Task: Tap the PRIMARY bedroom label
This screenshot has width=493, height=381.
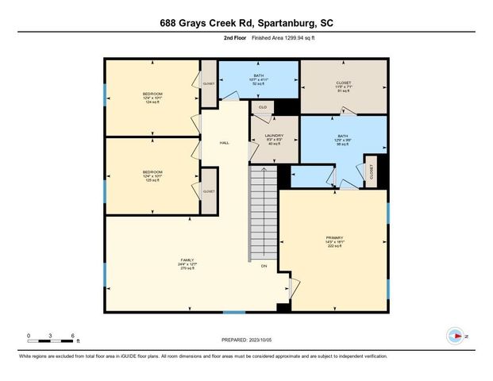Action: (333, 241)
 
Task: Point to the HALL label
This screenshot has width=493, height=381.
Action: (225, 143)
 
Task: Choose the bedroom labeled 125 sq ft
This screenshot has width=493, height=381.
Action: (152, 175)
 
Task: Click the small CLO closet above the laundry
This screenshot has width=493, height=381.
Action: (261, 106)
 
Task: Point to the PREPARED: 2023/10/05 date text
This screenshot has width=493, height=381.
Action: (247, 339)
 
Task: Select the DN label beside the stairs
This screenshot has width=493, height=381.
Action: (264, 265)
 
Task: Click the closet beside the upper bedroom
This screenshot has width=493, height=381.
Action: (209, 83)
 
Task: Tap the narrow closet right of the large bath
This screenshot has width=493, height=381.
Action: (370, 171)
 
